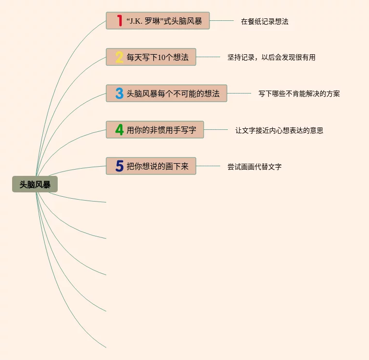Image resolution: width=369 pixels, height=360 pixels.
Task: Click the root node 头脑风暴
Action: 35,185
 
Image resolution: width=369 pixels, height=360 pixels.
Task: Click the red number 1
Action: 119,21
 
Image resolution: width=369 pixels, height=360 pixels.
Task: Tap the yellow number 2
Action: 119,57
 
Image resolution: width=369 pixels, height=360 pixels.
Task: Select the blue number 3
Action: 119,94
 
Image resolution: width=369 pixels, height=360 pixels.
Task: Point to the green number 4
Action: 119,130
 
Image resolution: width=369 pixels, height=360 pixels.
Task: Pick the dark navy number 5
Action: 119,166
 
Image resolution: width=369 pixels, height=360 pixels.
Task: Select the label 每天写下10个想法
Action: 158,57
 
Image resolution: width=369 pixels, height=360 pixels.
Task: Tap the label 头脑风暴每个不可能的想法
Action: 173,94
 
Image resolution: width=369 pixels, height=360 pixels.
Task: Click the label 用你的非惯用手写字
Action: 161,130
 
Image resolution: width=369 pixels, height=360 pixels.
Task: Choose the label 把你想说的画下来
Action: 158,166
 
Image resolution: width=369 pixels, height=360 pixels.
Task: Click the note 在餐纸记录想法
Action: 265,21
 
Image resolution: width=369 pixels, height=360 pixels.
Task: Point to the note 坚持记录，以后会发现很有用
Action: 272,57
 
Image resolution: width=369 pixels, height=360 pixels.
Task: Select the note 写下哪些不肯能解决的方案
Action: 299,94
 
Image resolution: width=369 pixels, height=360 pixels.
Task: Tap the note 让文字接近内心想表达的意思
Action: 279,130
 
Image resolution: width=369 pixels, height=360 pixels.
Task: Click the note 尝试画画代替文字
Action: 255,167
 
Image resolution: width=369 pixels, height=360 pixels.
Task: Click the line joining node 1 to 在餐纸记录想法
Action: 222,21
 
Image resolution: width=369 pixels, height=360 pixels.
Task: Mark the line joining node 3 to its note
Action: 239,93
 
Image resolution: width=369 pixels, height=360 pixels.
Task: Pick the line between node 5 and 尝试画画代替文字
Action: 208,166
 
